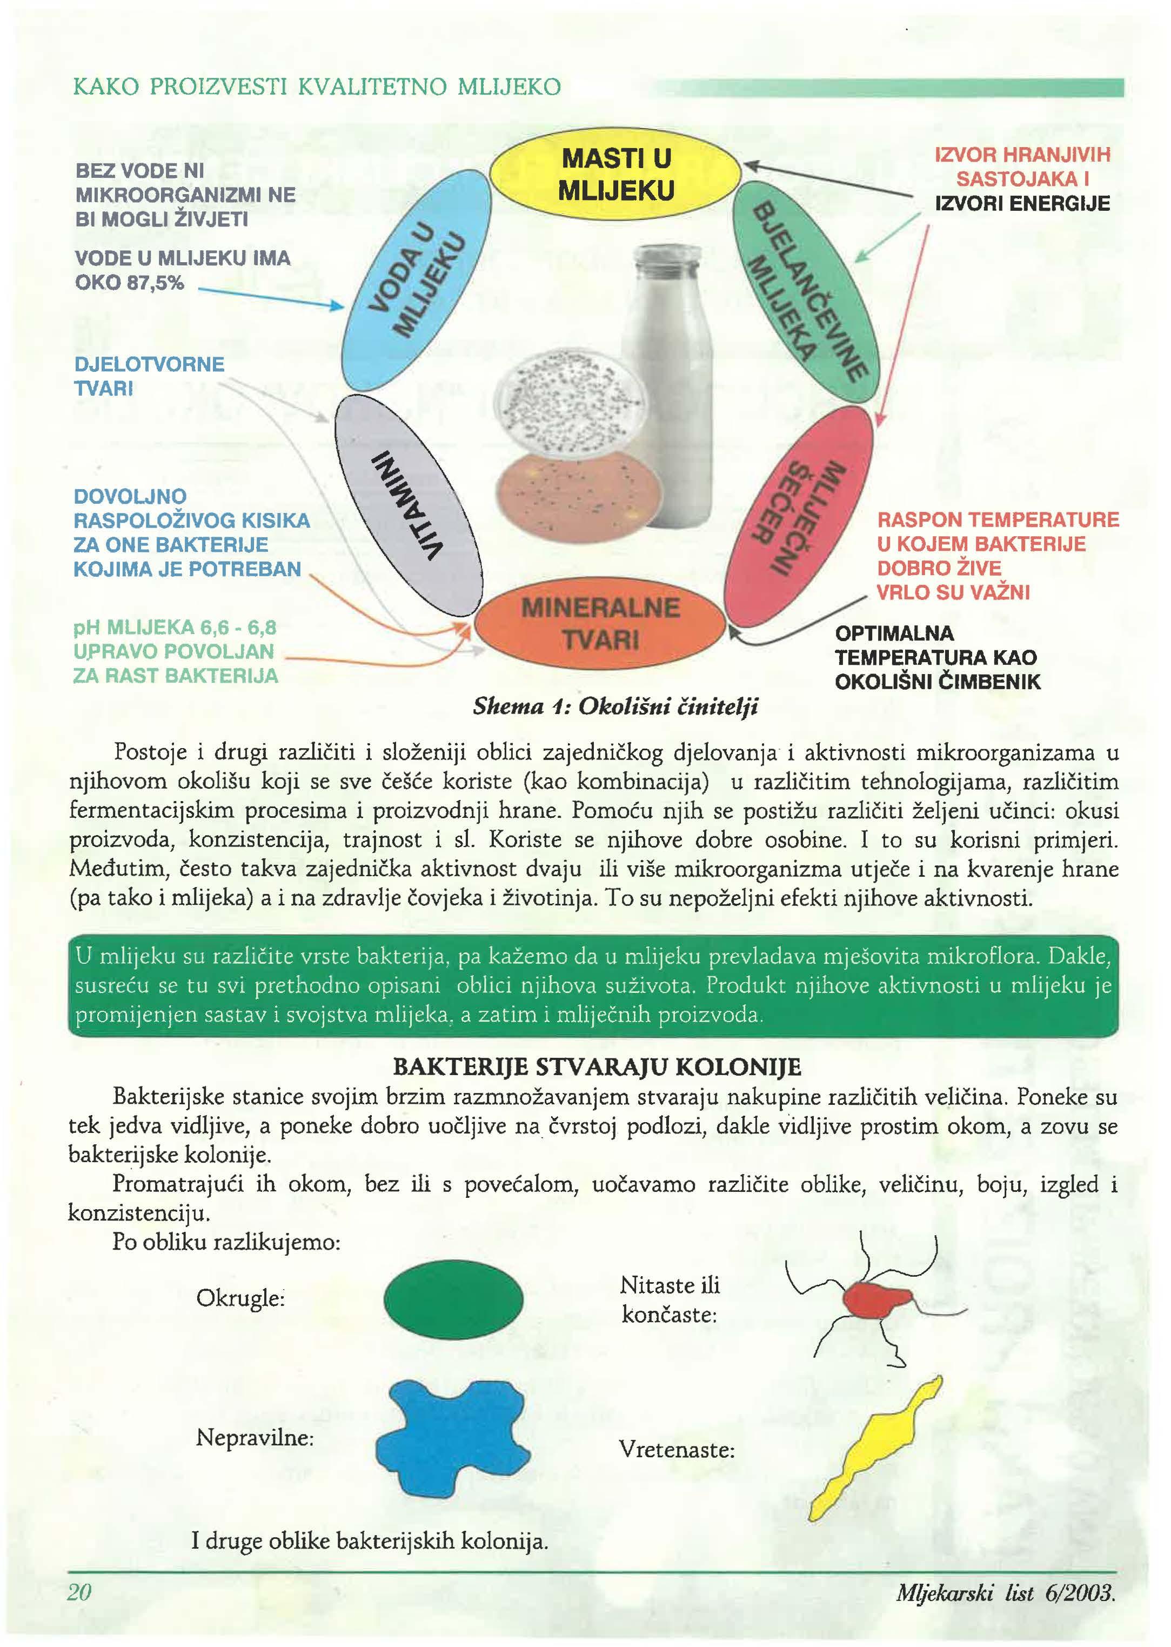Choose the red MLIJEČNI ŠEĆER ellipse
[x=798, y=509]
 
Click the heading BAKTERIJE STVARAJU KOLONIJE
[x=597, y=1066]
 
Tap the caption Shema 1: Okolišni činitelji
[x=615, y=706]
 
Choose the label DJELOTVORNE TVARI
[x=149, y=376]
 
